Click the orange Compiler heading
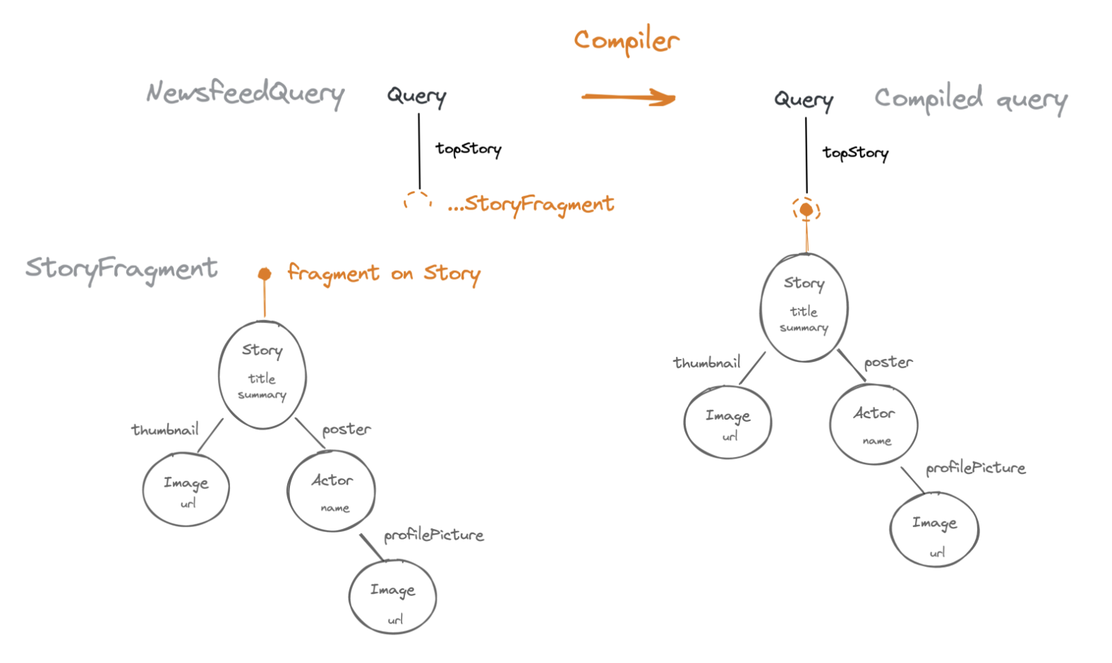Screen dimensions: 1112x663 pos(627,40)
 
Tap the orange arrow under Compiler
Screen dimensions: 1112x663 pos(629,97)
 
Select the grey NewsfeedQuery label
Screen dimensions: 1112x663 pos(246,94)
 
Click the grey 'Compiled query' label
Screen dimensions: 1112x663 pos(971,99)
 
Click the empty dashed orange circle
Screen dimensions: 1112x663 pos(418,201)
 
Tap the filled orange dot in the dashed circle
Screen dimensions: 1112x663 pos(806,210)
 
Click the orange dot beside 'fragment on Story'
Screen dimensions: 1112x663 pos(265,274)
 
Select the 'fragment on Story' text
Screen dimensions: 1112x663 pos(384,274)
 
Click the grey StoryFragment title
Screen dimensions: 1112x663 pos(121,269)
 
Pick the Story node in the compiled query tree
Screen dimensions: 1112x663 pos(804,308)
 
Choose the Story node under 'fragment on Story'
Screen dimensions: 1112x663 pos(262,375)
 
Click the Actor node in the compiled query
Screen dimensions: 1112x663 pos(874,425)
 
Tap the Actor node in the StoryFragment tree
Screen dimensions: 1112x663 pos(331,492)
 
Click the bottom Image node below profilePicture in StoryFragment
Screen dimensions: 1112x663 pos(393,597)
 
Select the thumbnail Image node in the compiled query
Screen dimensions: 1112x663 pos(727,422)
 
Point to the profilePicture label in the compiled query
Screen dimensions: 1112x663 pos(976,468)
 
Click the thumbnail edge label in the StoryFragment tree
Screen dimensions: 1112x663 pos(165,430)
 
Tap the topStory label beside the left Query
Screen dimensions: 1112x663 pos(469,149)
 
